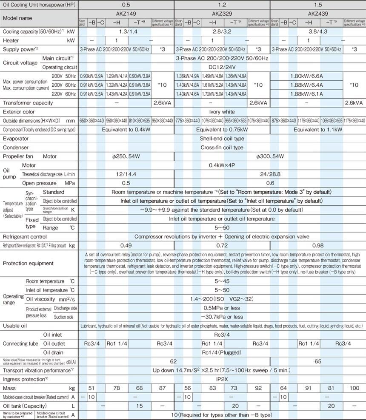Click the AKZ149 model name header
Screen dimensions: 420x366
point(126,13)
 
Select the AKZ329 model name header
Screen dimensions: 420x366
point(222,13)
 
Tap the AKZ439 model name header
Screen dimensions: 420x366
point(318,13)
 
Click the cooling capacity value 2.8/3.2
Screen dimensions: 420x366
point(222,32)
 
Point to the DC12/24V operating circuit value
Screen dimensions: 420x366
point(222,67)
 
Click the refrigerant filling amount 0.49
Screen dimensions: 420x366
point(126,246)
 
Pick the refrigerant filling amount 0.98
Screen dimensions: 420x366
point(318,246)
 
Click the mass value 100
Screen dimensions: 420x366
point(354,388)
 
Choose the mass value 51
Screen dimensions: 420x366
point(91,388)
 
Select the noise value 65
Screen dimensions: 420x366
point(318,361)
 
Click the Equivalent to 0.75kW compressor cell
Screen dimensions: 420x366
point(222,129)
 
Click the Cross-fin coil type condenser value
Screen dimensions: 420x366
point(222,148)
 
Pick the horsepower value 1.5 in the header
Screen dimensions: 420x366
point(318,4)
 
